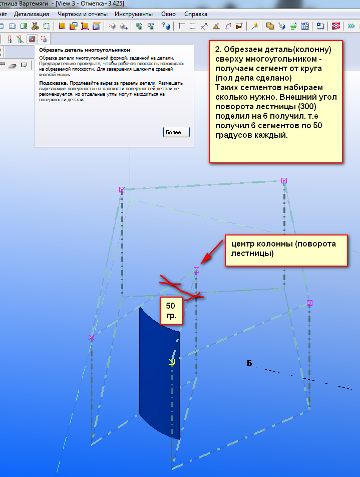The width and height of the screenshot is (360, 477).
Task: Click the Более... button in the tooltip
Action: [x=176, y=132]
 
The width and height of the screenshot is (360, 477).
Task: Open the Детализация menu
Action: [x=32, y=14]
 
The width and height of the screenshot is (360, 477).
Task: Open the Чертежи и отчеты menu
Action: [x=83, y=14]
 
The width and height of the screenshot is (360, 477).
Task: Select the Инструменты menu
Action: [x=134, y=14]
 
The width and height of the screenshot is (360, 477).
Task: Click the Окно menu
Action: [x=168, y=14]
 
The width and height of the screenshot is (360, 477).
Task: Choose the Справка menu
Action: [x=195, y=14]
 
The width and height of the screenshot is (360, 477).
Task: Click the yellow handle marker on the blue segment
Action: [x=172, y=362]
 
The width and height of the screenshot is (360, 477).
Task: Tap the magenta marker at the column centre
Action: [x=196, y=270]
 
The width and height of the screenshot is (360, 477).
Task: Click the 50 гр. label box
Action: [x=171, y=310]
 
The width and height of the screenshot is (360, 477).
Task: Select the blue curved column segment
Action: [x=159, y=373]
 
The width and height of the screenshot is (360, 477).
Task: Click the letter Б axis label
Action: [x=249, y=363]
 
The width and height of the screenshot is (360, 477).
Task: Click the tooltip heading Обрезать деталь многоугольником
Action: [x=85, y=50]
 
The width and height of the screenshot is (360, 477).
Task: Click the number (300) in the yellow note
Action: [x=307, y=106]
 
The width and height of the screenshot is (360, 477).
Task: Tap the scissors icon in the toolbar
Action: [x=35, y=26]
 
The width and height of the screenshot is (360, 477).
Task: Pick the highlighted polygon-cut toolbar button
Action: [x=32, y=39]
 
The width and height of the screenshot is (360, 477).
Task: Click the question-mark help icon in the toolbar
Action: [x=166, y=26]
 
